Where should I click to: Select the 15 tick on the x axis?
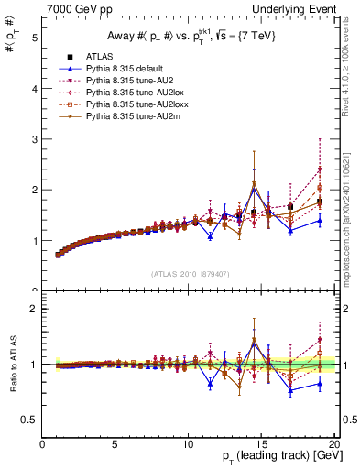(x=260, y=445)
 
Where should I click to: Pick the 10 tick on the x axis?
(x=188, y=445)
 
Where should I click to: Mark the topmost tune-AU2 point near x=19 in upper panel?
(x=319, y=169)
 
